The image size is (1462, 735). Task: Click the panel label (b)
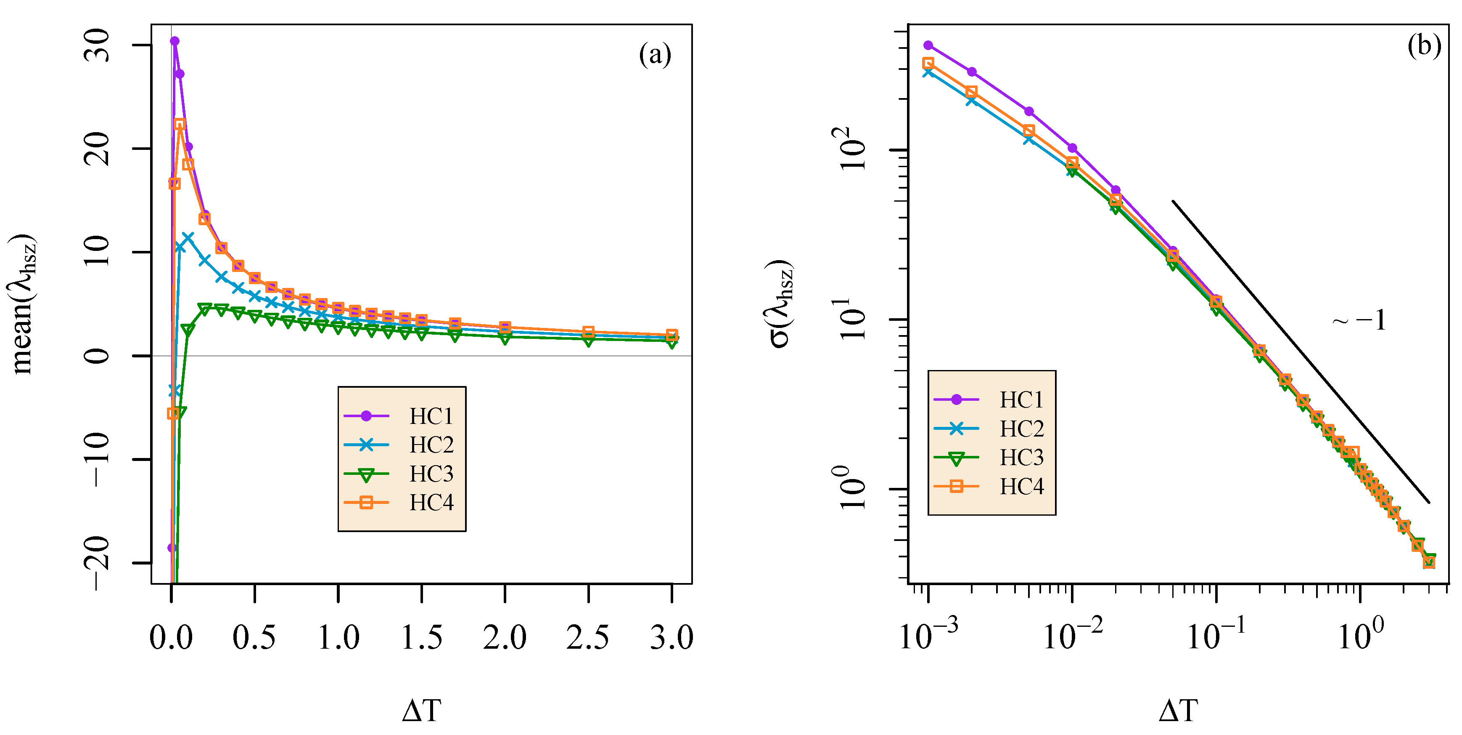coord(1423,45)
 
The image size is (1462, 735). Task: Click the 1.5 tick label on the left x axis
coord(421,637)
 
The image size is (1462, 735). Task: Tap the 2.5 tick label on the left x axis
coord(588,637)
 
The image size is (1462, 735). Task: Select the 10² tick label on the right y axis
coord(851,149)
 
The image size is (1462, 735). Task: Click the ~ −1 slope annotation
coord(1359,321)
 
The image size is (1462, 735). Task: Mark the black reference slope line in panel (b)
coord(1300,351)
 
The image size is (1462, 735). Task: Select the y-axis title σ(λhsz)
coord(781,304)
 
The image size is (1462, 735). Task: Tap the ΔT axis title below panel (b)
coord(1178,711)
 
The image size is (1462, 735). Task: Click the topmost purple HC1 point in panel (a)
coord(174,41)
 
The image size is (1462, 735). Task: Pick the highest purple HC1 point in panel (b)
coord(928,45)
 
